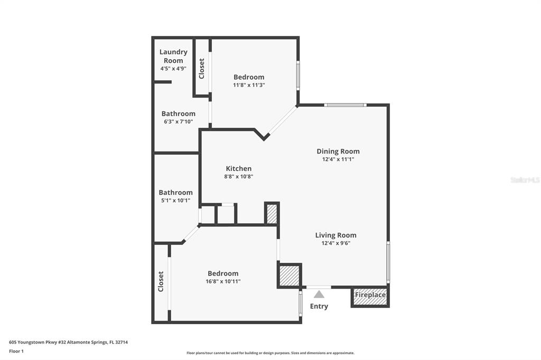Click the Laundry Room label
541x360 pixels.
(x=173, y=56)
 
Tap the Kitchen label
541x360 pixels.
(x=239, y=168)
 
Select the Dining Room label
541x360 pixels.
(x=338, y=151)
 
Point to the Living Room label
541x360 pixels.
(x=335, y=235)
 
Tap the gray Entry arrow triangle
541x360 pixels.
(x=319, y=294)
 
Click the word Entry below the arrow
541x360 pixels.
(x=319, y=306)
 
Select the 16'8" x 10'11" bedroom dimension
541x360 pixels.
(x=223, y=281)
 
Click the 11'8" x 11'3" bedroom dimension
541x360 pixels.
(x=249, y=85)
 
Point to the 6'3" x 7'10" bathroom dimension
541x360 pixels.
(x=179, y=122)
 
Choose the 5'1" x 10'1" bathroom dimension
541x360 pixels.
(x=175, y=201)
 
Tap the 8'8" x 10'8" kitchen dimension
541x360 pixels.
(x=239, y=176)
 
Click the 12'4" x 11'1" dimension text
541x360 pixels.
(x=338, y=159)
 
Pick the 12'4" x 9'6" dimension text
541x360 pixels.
(x=335, y=243)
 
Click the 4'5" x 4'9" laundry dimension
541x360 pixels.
(x=173, y=69)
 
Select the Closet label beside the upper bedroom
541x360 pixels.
(x=201, y=68)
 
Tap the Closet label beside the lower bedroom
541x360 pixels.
(x=161, y=281)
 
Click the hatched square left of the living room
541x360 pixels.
(x=290, y=276)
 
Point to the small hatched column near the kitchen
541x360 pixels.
(x=272, y=213)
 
